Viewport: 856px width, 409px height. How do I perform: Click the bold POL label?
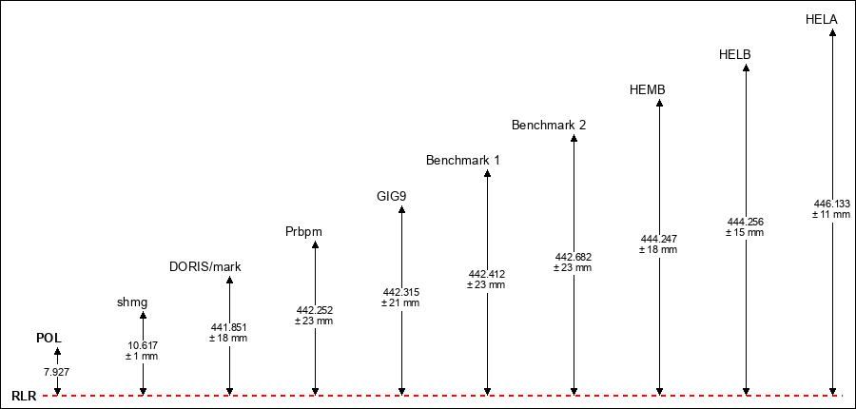[49, 338]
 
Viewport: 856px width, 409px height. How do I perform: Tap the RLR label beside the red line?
[24, 397]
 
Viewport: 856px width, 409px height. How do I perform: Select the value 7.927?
[57, 373]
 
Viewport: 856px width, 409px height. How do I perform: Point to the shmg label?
[132, 302]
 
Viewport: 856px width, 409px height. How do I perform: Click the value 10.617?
[143, 345]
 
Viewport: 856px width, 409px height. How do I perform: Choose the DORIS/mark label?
[205, 267]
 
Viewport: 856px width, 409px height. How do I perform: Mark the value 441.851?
[228, 327]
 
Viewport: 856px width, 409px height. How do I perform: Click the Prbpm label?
[303, 232]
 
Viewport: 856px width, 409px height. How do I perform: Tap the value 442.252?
[315, 310]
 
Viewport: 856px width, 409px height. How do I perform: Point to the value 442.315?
[400, 292]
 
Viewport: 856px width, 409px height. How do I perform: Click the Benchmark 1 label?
[463, 161]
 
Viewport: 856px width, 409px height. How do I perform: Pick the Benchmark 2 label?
[549, 125]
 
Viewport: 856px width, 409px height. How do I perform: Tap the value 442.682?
[574, 257]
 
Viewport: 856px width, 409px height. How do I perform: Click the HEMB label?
[648, 90]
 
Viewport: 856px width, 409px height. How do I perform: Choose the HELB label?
[735, 54]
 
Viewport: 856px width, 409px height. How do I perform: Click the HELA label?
[822, 20]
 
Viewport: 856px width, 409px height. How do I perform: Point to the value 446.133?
[832, 204]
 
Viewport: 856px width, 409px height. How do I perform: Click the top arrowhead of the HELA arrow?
[832, 32]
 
